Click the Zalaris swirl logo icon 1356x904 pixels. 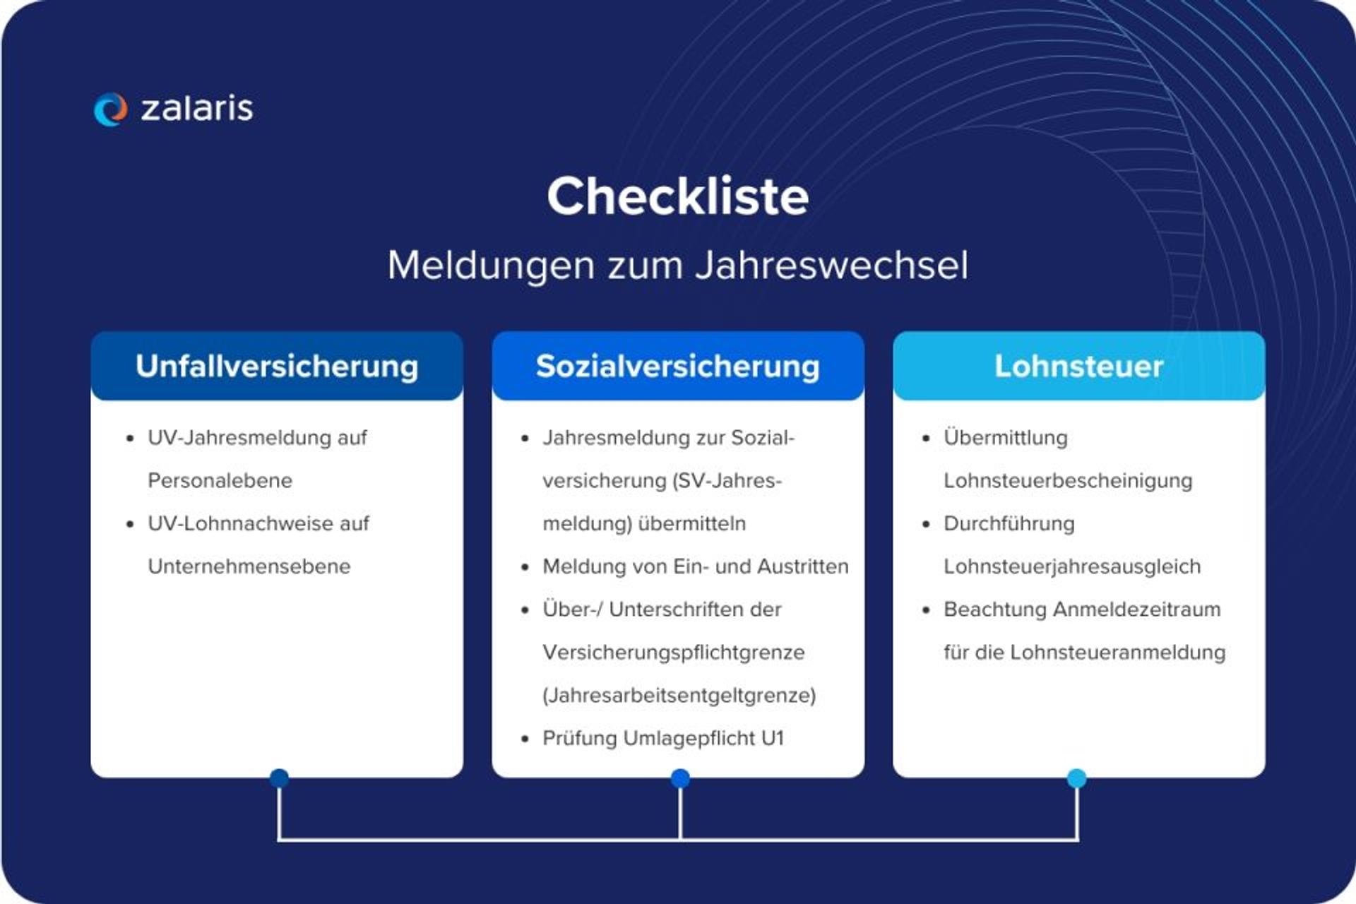110,109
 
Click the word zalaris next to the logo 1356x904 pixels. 196,108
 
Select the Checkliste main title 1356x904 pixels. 677,196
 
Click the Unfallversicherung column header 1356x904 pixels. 277,366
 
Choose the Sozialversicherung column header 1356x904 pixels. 677,366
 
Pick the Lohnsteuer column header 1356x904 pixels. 1078,366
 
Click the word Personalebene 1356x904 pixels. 220,480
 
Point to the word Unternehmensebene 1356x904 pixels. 249,566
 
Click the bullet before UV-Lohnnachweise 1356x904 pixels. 130,524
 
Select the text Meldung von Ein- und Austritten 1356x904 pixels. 695,566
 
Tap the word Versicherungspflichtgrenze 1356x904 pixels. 673,652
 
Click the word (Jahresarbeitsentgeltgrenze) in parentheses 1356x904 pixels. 679,695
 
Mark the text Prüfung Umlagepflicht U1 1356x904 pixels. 662,738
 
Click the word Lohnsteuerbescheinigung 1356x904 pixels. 1067,480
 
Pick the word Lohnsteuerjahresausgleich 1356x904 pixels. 1071,566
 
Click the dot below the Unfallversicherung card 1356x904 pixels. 279,778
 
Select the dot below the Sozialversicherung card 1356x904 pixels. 679,778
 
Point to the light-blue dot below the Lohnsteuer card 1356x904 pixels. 1076,778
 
